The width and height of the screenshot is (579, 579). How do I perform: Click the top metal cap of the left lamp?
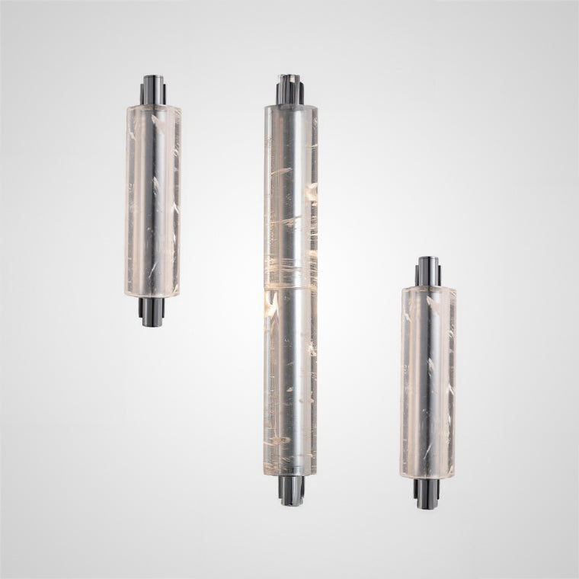[153, 90]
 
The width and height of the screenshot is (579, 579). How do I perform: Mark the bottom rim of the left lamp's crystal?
[153, 295]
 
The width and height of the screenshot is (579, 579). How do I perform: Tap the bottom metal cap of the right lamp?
[428, 491]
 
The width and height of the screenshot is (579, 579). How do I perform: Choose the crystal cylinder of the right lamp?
[428, 381]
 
